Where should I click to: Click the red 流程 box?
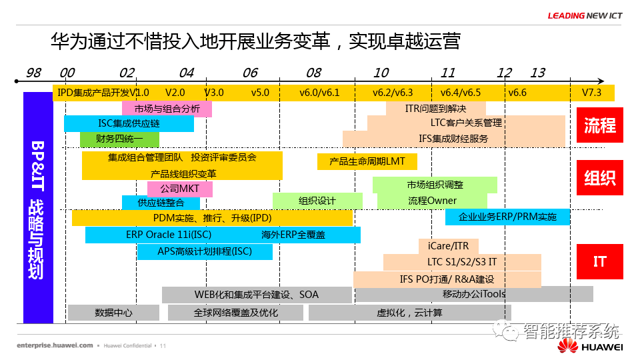[x=599, y=125]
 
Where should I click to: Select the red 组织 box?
[x=599, y=177]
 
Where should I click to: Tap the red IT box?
[x=599, y=261]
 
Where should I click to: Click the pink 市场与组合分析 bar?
[x=167, y=108]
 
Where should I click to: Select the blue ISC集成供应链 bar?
[x=129, y=123]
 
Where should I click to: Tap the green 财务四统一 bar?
[x=119, y=139]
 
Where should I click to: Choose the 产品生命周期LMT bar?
[x=367, y=161]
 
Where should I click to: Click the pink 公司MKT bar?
[x=179, y=189]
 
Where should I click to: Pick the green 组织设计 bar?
[x=317, y=201]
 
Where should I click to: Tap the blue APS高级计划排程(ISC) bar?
[x=205, y=251]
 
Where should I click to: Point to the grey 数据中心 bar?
[x=113, y=312]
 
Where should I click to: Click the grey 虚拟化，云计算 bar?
[x=409, y=312]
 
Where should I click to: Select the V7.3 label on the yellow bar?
[x=591, y=93]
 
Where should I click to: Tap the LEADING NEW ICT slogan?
[x=585, y=16]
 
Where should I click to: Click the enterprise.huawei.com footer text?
[x=55, y=346]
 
